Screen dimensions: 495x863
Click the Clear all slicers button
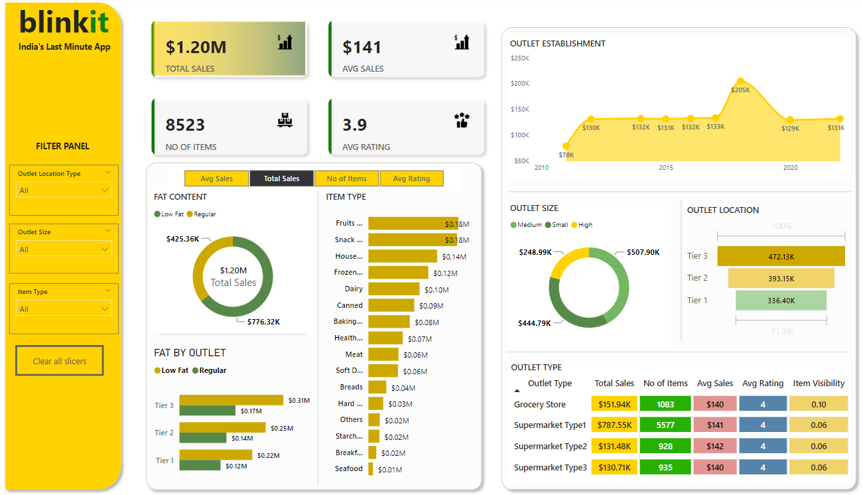coord(59,361)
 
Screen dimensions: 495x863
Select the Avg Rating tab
coord(411,178)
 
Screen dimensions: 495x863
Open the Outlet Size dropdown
coord(64,249)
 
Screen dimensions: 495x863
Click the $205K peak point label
coord(740,90)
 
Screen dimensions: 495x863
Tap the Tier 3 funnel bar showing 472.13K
coord(781,256)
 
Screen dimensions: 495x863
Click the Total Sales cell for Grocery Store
coord(614,404)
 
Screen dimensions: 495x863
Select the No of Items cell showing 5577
coord(665,425)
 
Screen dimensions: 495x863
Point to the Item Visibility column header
coord(819,384)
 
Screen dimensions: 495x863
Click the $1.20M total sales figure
coord(196,47)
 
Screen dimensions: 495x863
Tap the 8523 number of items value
coord(185,125)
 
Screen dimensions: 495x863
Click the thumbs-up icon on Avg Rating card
coord(462,120)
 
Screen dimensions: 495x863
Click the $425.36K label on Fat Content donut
coord(182,239)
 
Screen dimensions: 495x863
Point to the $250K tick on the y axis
coord(519,58)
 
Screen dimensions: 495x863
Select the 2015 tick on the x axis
coord(665,168)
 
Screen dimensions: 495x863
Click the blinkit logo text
coord(64,22)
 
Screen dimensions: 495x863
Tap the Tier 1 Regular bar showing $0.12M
coord(200,466)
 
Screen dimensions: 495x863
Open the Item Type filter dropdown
coord(64,309)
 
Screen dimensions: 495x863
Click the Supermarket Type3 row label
coord(550,468)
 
